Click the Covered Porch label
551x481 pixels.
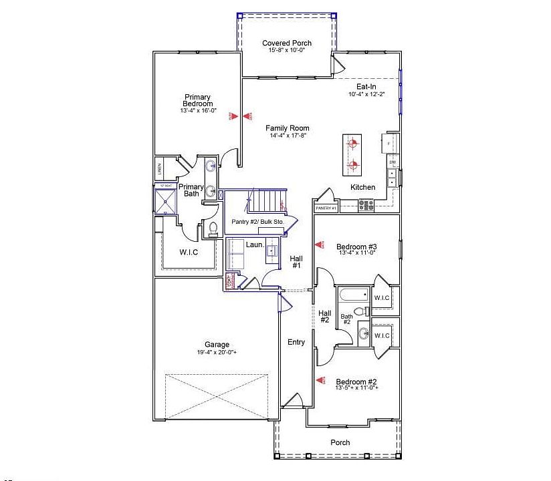click(x=286, y=43)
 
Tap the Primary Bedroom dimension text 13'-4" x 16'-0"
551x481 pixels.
click(x=197, y=111)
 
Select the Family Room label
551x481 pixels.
click(x=287, y=128)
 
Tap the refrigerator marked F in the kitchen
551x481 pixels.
click(x=389, y=142)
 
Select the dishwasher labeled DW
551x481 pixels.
click(x=393, y=162)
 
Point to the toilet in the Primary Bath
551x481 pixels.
click(x=213, y=230)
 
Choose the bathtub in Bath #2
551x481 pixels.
click(x=353, y=295)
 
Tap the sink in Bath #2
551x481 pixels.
click(x=363, y=333)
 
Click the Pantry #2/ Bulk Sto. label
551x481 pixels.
click(x=257, y=221)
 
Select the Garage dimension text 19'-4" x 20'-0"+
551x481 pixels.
click(x=217, y=352)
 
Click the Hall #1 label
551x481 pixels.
click(x=296, y=261)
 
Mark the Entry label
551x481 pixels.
click(x=296, y=342)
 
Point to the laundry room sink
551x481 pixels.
click(x=272, y=251)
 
